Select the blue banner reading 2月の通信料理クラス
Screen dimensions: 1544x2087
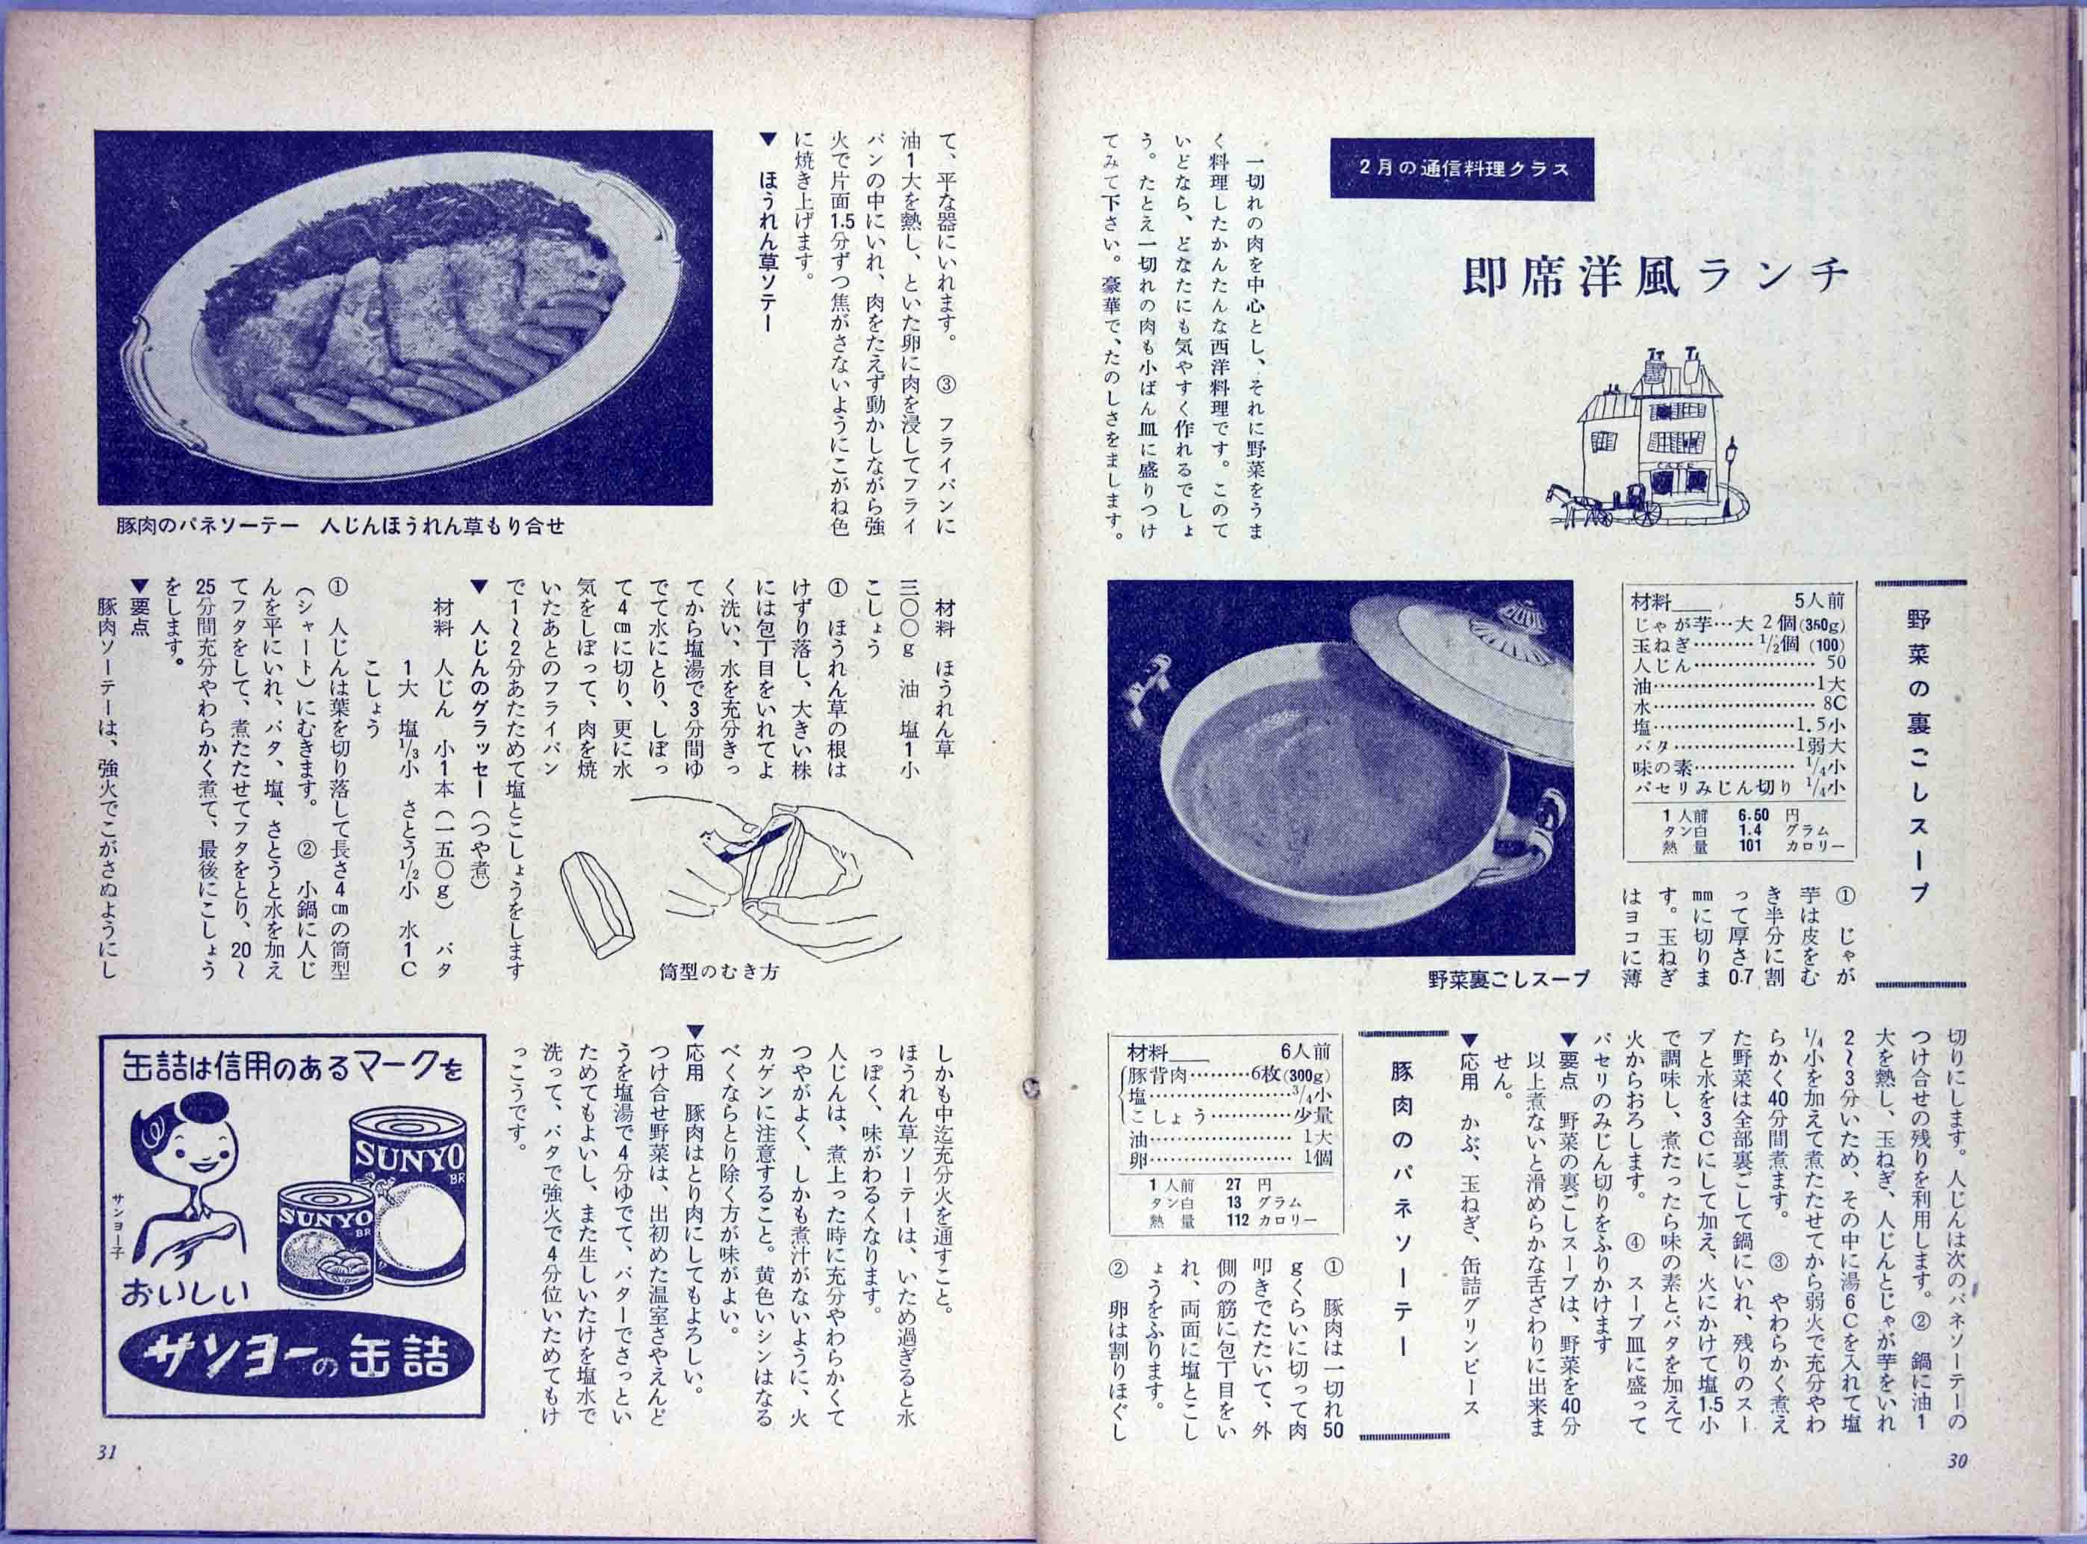click(x=1460, y=170)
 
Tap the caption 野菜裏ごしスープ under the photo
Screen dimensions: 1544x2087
click(x=1508, y=980)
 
